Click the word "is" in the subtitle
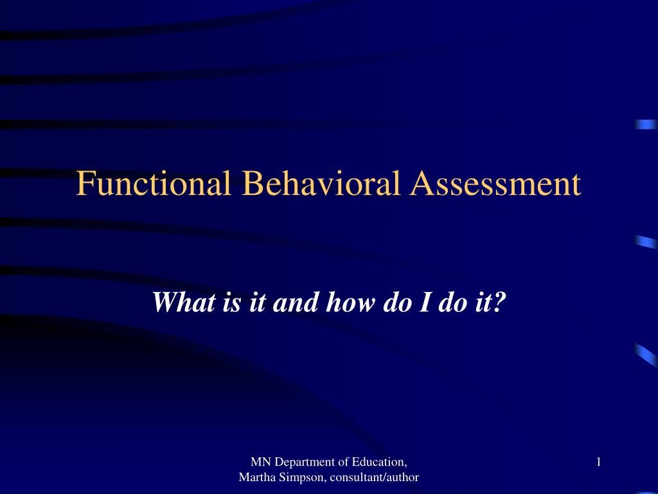click(231, 302)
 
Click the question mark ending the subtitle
click(499, 302)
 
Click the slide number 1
click(598, 461)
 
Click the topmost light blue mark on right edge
click(646, 124)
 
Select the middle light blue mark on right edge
click(646, 242)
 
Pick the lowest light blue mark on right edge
click(646, 354)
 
